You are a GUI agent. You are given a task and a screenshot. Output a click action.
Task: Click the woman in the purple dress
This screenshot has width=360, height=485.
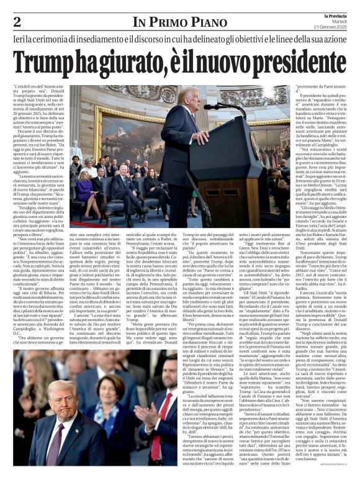pyautogui.click(x=86, y=193)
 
